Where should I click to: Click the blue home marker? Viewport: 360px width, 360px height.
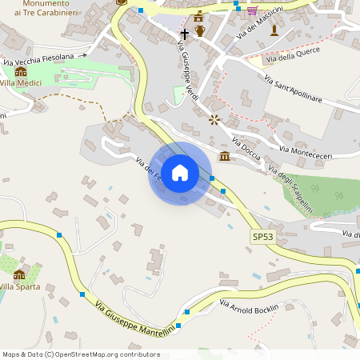180,173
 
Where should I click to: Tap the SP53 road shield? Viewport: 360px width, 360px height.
262,237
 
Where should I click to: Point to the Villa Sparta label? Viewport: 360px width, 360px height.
20,286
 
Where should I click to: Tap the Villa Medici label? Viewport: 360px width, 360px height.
21,83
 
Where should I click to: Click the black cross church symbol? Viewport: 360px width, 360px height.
185,34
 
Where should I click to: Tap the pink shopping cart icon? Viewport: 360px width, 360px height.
252,10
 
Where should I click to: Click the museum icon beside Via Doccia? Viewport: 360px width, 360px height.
225,155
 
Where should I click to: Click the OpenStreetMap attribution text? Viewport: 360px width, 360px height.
81,354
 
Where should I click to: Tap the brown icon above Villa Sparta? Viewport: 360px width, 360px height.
19,274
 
